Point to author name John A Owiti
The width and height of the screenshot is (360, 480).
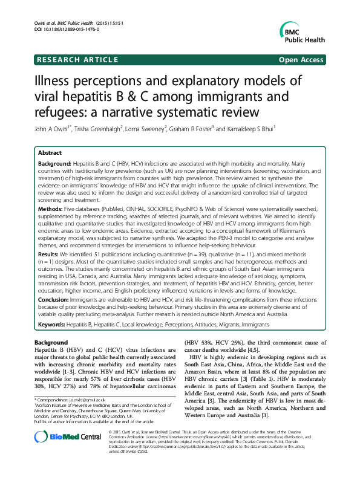point(54,128)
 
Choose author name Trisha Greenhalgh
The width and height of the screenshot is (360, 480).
point(106,128)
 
